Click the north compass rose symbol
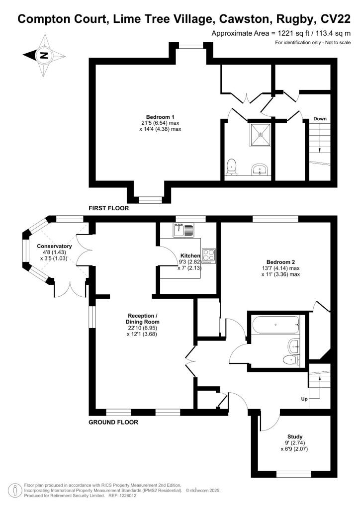click(x=43, y=55)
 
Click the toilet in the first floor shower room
click(x=231, y=167)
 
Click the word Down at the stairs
click(x=320, y=119)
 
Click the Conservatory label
click(x=54, y=247)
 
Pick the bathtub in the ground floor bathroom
click(x=275, y=326)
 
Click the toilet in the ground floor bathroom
click(x=289, y=359)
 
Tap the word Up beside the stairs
click(x=303, y=399)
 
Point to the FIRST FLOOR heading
click(x=109, y=209)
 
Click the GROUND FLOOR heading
click(x=113, y=422)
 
